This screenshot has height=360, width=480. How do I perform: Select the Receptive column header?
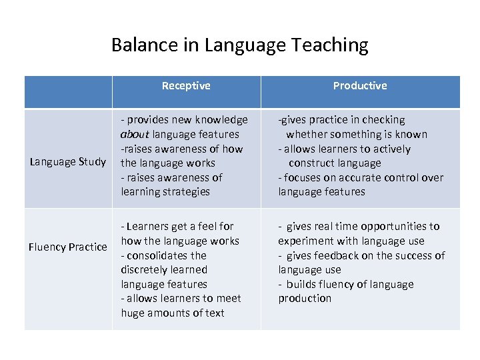point(186,85)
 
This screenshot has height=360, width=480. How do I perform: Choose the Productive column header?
point(360,85)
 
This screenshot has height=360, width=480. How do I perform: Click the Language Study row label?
point(68,161)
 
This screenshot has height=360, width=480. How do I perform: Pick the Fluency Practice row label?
point(68,247)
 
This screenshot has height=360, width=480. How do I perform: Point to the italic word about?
point(135,134)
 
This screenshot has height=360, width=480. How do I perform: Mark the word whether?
point(306,134)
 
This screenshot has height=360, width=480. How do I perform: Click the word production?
point(305,298)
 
